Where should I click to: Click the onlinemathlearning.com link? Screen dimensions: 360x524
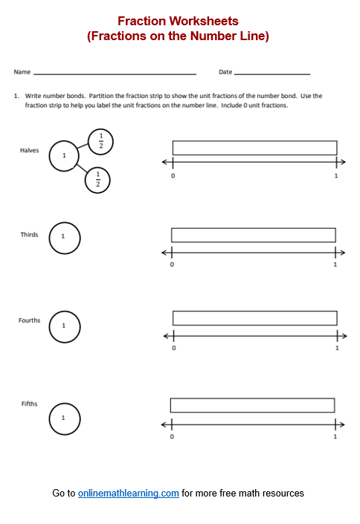coord(129,494)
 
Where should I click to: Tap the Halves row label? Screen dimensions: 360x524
coord(30,150)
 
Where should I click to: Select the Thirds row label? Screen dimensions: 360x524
coord(30,235)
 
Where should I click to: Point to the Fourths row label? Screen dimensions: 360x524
coord(30,320)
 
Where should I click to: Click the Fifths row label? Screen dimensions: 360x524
coord(30,404)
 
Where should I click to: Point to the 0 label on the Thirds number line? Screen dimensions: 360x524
coord(172,265)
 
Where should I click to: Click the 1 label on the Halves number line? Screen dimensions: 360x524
coord(336,175)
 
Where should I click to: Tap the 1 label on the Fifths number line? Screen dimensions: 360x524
coord(335,436)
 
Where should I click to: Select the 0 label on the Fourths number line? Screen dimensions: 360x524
coord(174,348)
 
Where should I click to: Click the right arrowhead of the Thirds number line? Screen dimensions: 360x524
coord(343,253)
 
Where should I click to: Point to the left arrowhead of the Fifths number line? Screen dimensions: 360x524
coord(164,424)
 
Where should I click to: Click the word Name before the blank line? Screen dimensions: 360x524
coord(22,72)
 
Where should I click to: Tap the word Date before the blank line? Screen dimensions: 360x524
coord(225,72)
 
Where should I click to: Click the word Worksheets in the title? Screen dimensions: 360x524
coord(204,21)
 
